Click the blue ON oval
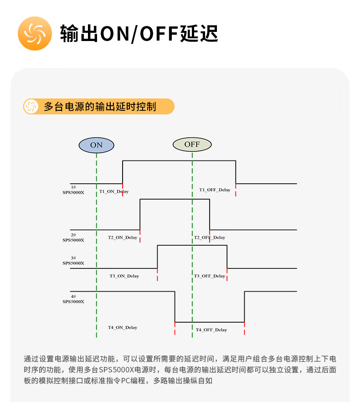(96, 145)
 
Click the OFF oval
(192, 144)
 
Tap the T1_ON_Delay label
(114, 191)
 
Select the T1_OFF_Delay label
(215, 190)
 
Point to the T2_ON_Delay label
(122, 237)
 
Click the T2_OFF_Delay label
(210, 237)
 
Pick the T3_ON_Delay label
(124, 276)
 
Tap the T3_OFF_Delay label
(210, 276)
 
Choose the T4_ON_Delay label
(122, 327)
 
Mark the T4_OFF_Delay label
(211, 330)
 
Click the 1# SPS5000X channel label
(73, 190)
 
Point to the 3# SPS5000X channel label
(73, 260)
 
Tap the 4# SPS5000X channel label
(73, 299)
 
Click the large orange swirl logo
(35, 33)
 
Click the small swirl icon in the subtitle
(31, 107)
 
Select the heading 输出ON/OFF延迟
(139, 34)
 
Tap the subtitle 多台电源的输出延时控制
(100, 107)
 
